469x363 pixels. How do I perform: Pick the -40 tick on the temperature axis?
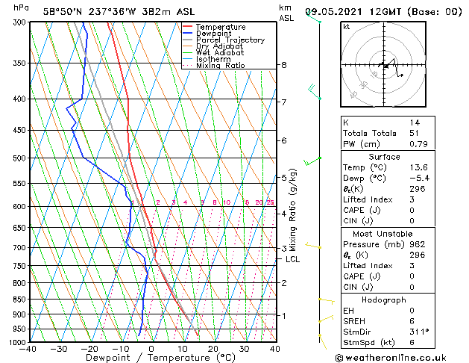coord(29,349)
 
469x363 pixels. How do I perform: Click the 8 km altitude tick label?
coord(284,65)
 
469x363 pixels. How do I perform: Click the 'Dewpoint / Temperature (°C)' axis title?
coord(151,359)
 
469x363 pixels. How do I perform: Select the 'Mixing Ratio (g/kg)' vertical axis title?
coord(293,209)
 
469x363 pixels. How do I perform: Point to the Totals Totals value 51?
coord(414,133)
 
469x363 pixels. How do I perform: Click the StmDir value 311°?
coord(418,332)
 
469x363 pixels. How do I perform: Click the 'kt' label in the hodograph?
coord(346,27)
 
